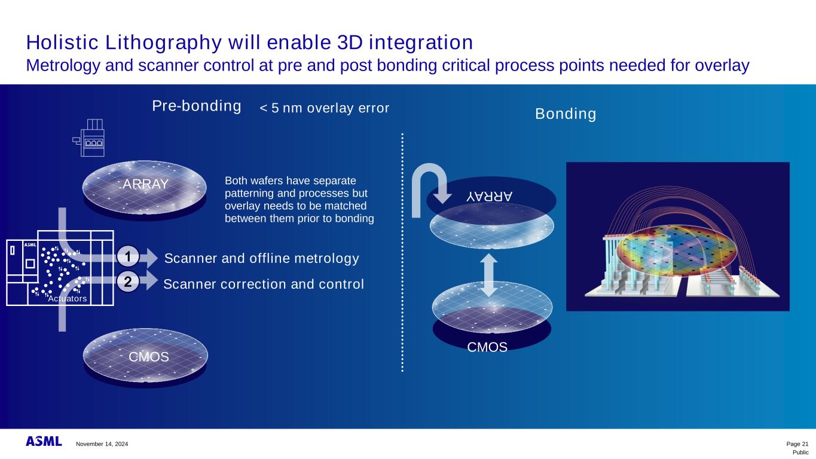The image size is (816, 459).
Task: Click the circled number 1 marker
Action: (128, 257)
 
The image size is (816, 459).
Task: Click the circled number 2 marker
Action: (128, 282)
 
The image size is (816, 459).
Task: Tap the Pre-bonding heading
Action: (197, 106)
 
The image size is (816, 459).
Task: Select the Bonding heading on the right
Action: (566, 114)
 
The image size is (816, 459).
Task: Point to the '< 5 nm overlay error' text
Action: (324, 108)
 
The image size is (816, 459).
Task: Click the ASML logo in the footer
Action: (44, 441)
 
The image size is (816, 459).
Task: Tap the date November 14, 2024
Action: (102, 444)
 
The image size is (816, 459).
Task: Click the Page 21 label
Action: (797, 444)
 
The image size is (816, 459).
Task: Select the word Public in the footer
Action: (800, 452)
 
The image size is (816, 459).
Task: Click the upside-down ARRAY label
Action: (489, 197)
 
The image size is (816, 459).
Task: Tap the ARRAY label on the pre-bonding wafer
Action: (145, 184)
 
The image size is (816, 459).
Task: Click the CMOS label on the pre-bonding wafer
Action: (149, 357)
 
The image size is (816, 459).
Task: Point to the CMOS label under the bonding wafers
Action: (487, 347)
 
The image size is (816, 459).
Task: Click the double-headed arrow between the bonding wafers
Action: (488, 275)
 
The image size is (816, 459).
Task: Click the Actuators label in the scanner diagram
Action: (68, 299)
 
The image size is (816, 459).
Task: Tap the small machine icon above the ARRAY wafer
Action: (88, 137)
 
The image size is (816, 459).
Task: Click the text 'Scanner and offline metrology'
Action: (262, 258)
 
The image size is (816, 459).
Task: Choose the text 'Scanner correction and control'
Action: (264, 284)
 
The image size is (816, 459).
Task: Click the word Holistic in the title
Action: (62, 42)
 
